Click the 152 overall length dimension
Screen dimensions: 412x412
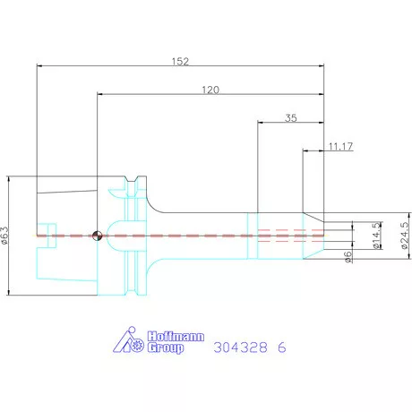(x=180, y=62)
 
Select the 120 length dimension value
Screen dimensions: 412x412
(x=210, y=90)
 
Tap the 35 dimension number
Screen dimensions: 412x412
(x=291, y=118)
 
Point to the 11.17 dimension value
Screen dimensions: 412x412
(x=340, y=146)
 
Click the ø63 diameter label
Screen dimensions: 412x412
(x=5, y=236)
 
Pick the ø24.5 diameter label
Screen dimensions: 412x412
(x=404, y=236)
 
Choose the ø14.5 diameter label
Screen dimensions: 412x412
(x=377, y=236)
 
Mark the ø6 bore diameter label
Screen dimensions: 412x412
(x=348, y=257)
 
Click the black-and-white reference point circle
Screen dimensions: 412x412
(x=98, y=236)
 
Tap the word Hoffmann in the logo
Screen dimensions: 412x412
(x=176, y=337)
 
